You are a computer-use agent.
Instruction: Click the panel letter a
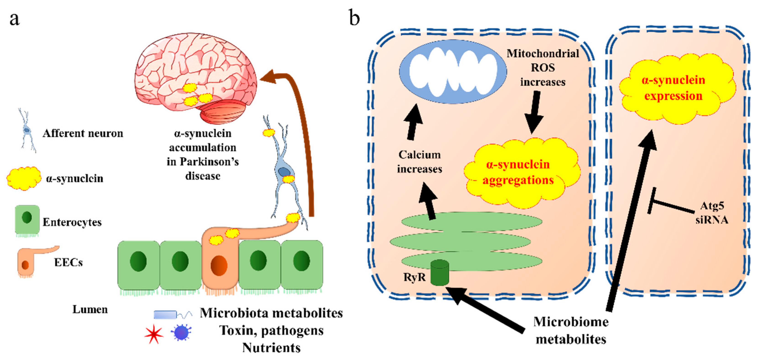tap(15, 19)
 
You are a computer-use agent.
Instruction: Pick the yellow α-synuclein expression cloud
tap(674, 88)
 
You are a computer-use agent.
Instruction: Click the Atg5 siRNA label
tap(711, 212)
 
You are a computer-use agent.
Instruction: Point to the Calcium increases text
tap(419, 162)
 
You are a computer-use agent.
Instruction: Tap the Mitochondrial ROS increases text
tap(543, 68)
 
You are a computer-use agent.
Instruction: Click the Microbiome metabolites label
tap(571, 330)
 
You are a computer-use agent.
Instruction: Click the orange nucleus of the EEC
tap(219, 266)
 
